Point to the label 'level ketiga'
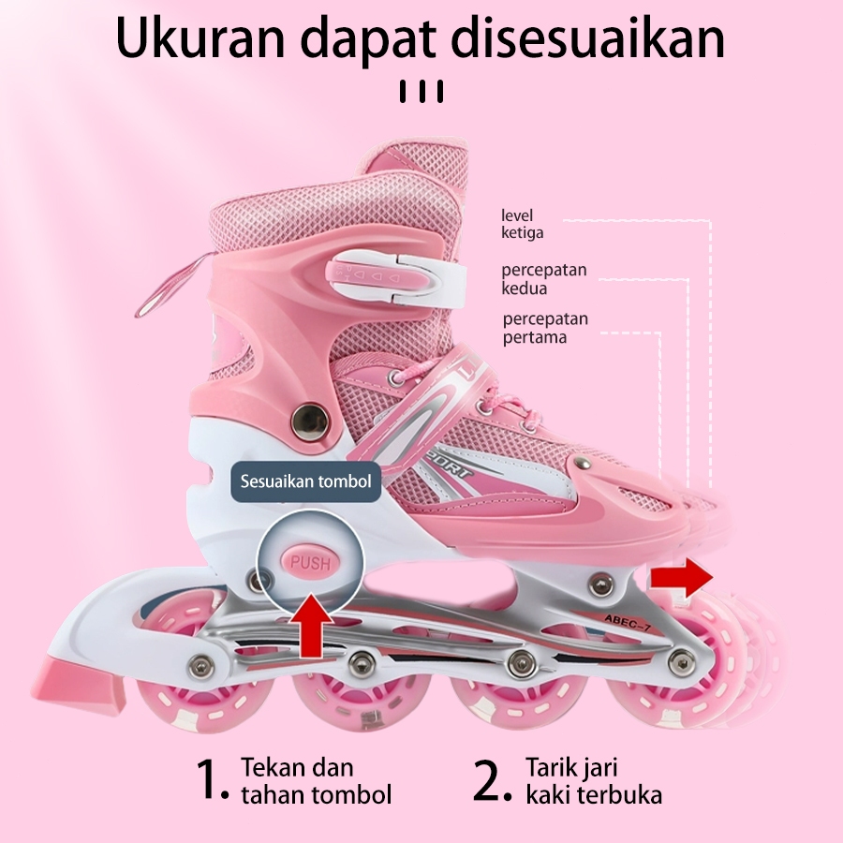522,225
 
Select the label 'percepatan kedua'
543,279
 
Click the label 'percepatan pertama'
545,328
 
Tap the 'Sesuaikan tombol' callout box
305,481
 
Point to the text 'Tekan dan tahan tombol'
316,782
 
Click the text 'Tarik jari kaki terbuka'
594,782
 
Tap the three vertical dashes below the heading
421,92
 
